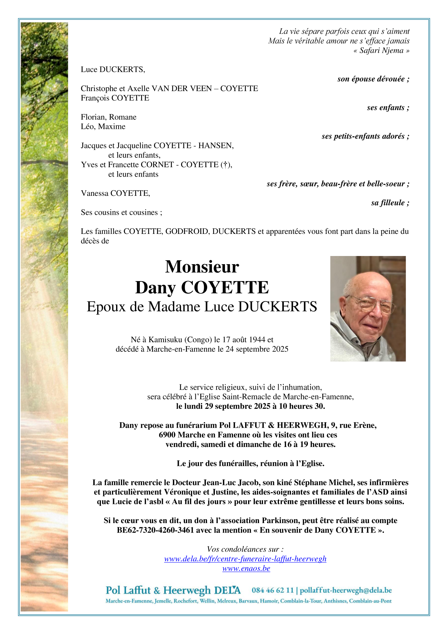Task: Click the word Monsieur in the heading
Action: [x=202, y=267]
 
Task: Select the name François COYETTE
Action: [x=115, y=98]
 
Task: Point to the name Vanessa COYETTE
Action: [x=115, y=193]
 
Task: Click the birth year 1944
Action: [x=257, y=340]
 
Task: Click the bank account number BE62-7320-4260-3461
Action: [x=155, y=530]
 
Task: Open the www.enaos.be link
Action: [x=246, y=568]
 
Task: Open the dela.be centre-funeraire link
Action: [x=245, y=559]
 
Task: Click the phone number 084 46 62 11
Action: [x=272, y=590]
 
